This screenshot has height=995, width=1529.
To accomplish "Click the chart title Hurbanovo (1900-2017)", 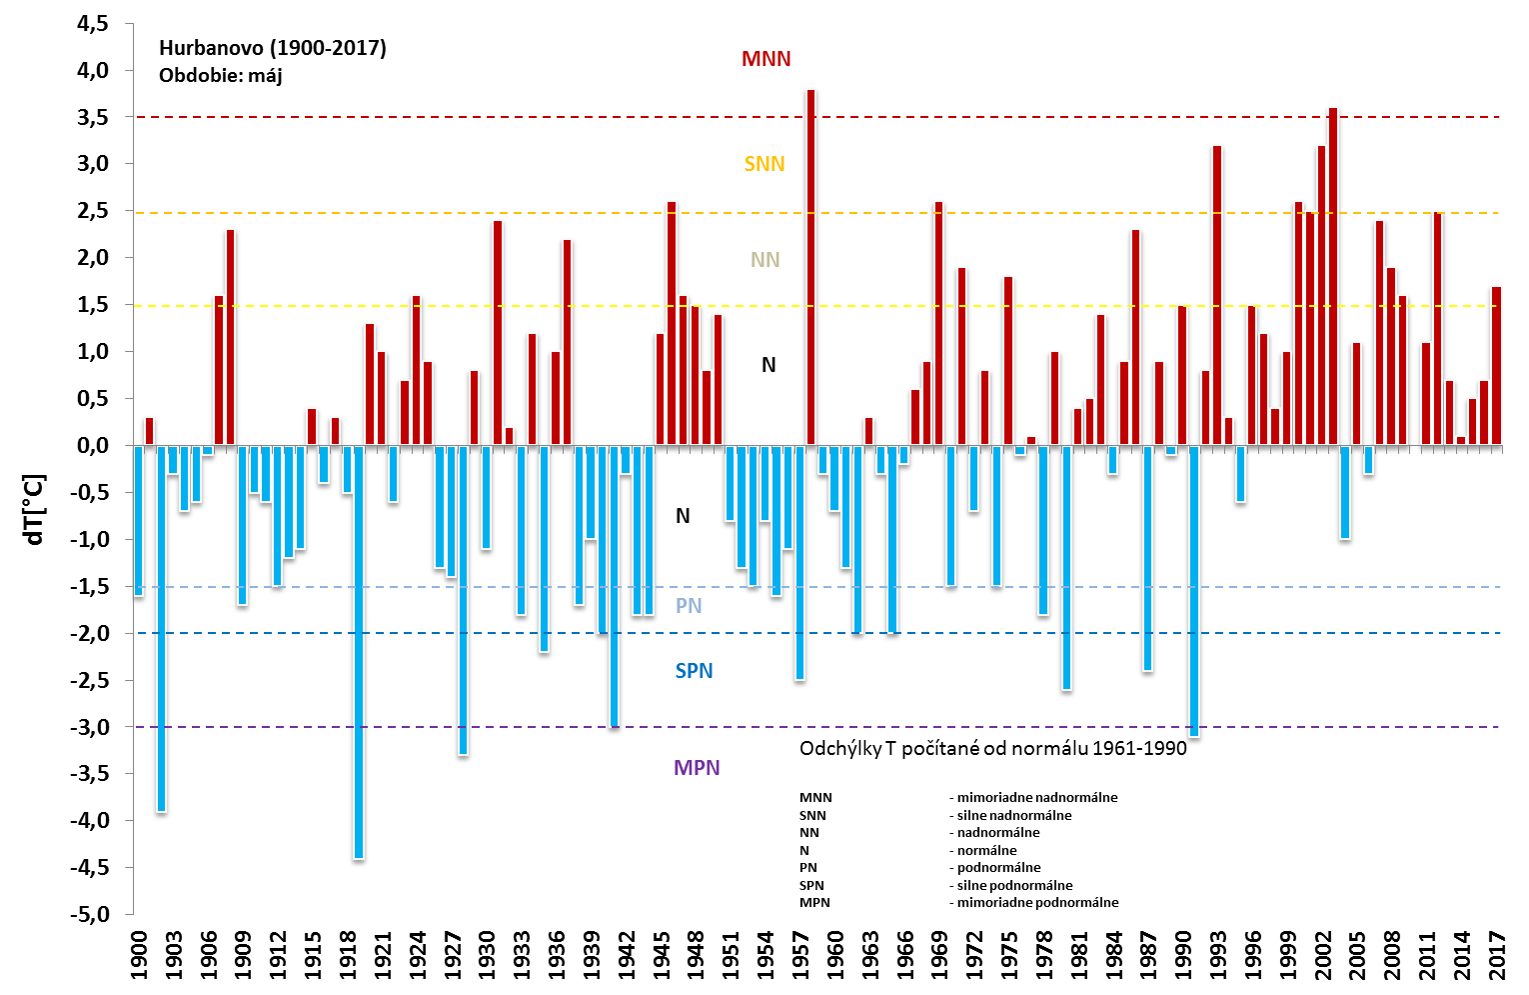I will coord(272,48).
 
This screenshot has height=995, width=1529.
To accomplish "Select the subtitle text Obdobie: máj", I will coord(220,75).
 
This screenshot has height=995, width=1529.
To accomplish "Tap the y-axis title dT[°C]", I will coord(35,509).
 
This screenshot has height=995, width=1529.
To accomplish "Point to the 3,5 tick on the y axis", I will coord(93,117).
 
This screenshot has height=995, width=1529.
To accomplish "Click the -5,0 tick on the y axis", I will coord(89,914).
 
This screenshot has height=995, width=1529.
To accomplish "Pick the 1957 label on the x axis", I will coord(800,957).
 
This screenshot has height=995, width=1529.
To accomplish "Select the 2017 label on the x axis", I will coord(1497,957).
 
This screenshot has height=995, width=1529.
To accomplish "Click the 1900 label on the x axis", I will coord(138,957).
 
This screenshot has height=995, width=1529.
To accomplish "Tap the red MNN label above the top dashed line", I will coord(765,59).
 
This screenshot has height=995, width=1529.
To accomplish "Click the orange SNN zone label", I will coord(764,164).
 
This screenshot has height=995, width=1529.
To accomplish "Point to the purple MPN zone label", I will coord(697,768).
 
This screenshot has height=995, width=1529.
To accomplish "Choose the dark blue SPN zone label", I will coord(694,671).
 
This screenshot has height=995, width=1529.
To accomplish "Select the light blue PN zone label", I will coord(689,606).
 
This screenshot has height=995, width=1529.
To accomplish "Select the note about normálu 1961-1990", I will coord(992,748).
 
